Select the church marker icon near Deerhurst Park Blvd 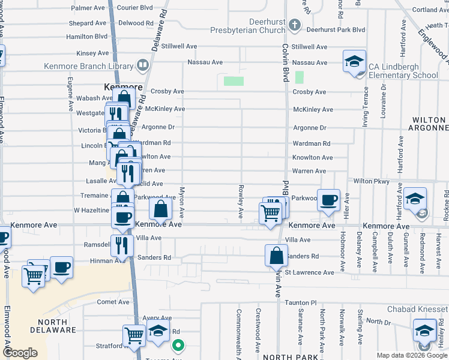tap(294, 25)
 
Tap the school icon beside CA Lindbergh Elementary tap(355, 61)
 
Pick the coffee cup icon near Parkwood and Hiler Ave tap(328, 200)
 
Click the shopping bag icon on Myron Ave tap(161, 209)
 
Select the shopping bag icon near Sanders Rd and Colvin tap(276, 255)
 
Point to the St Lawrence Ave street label tap(309, 272)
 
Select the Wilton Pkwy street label tap(372, 181)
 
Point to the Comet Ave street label tap(113, 302)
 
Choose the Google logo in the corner tap(20, 353)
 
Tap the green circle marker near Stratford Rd tap(178, 345)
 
